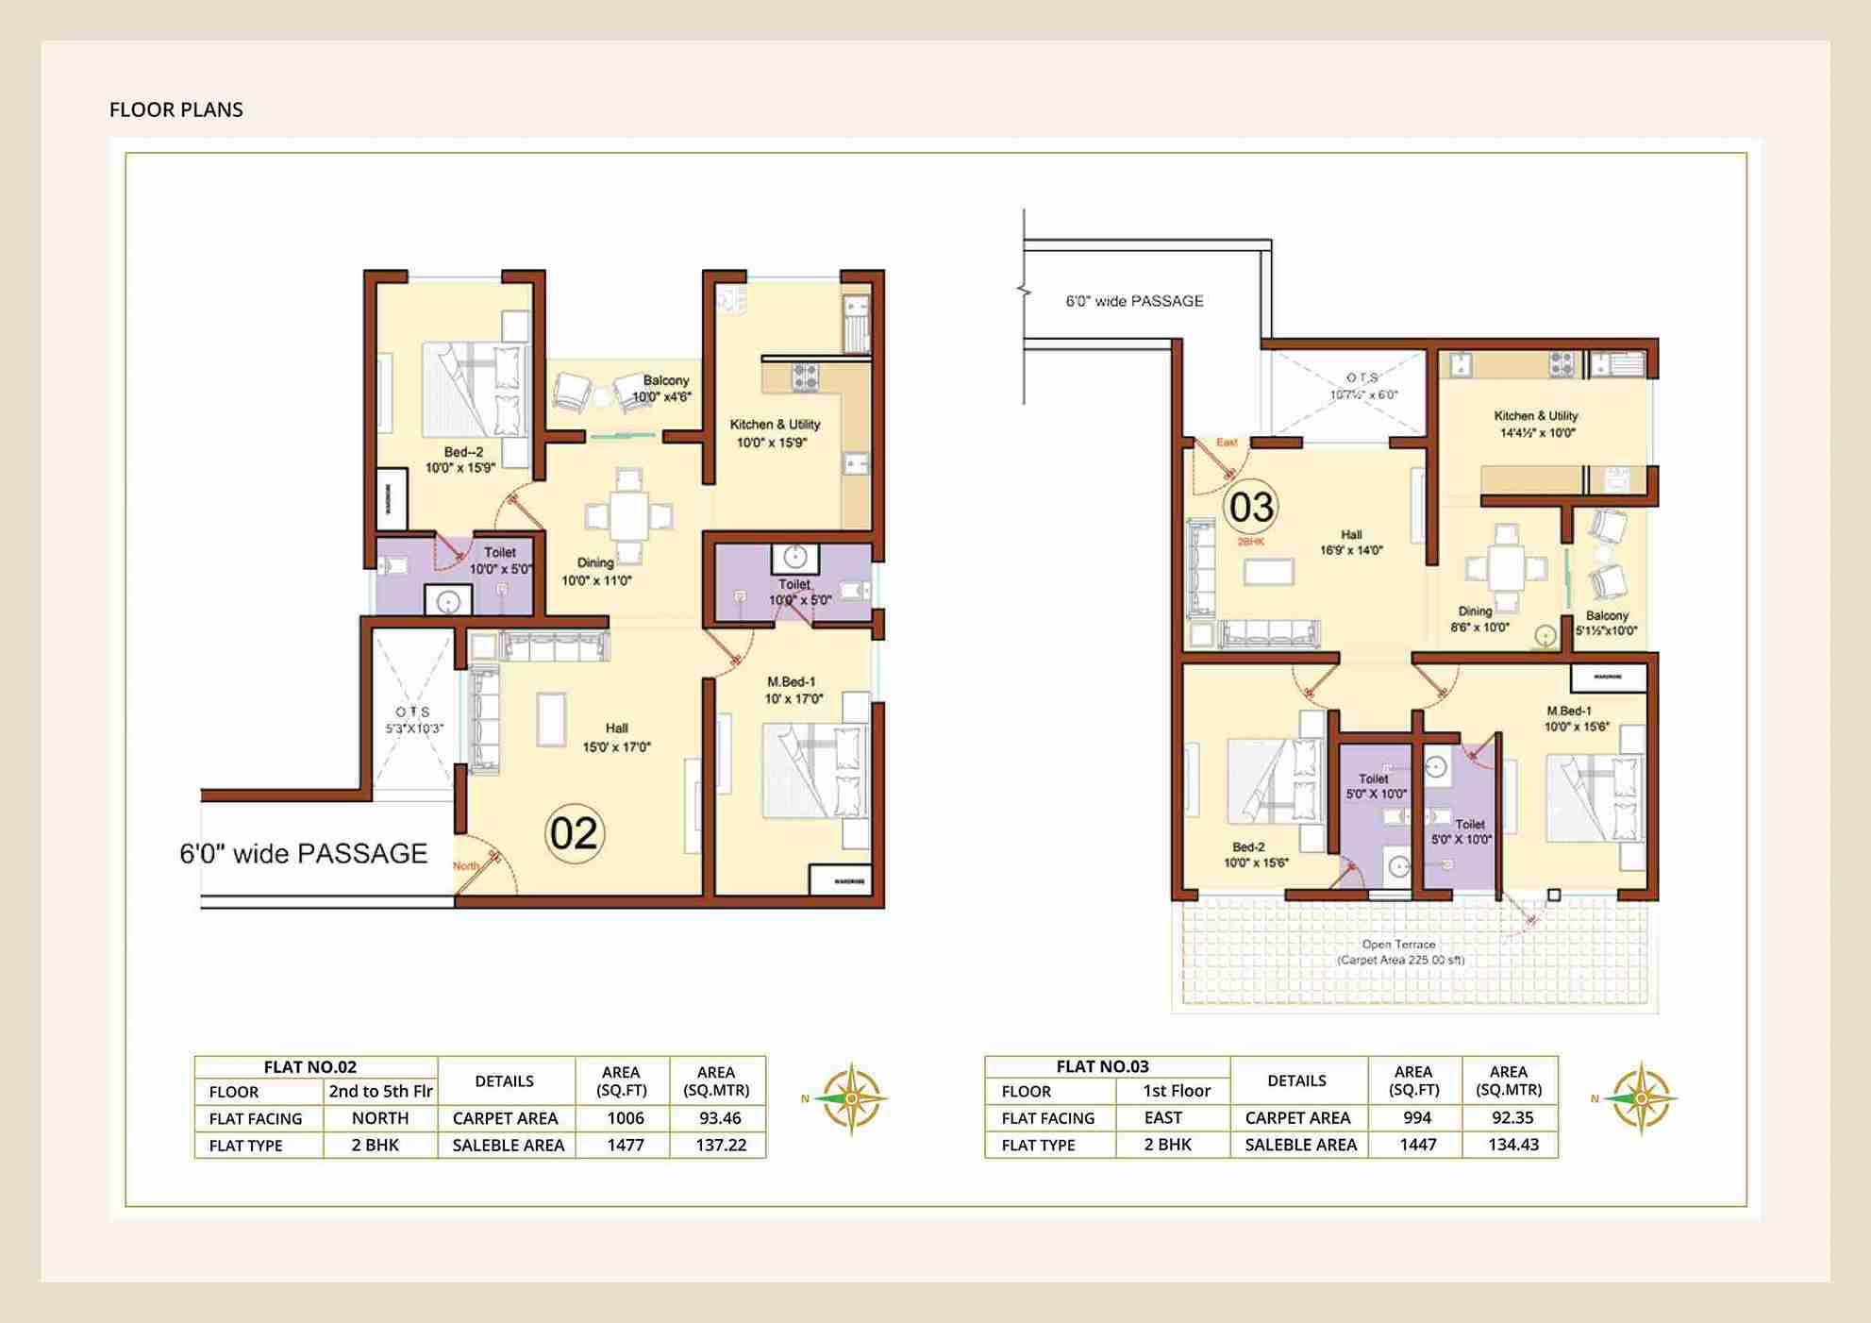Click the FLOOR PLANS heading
[175, 109]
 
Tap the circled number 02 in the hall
[574, 833]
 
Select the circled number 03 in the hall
[1251, 507]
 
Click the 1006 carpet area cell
[625, 1118]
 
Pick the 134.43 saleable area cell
[1512, 1145]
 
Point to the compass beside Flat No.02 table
[850, 1098]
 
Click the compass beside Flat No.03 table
[1641, 1098]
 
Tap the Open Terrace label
[1398, 945]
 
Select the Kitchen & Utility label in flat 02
[775, 425]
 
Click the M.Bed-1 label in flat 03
[1568, 711]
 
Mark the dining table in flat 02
[628, 515]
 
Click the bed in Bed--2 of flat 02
[476, 391]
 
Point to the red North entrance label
[465, 866]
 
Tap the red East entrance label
[1227, 443]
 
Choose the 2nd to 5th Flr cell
[380, 1092]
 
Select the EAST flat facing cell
[1162, 1118]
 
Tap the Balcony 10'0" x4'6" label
[665, 388]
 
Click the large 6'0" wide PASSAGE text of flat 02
[303, 854]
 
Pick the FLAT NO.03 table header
[1102, 1067]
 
